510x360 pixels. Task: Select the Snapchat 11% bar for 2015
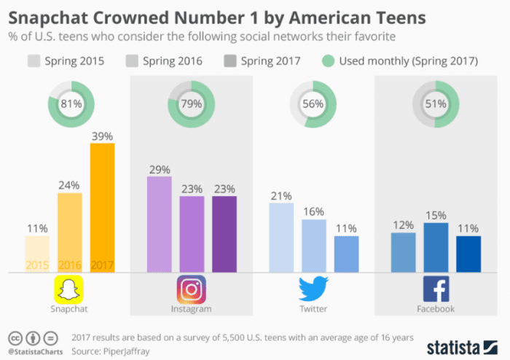coord(38,254)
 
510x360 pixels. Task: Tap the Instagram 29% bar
coord(159,224)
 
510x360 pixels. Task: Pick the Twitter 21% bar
coord(280,238)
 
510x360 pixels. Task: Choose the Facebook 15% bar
coord(435,248)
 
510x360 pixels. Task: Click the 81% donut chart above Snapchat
coord(70,103)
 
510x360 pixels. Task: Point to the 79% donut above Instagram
coord(191,103)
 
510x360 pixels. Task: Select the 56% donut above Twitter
coord(313,103)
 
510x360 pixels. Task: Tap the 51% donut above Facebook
coord(435,103)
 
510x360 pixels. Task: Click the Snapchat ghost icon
coord(71,289)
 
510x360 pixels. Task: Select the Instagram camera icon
coord(191,289)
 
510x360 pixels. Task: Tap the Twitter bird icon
coord(313,289)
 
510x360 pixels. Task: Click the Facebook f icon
coord(436,289)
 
